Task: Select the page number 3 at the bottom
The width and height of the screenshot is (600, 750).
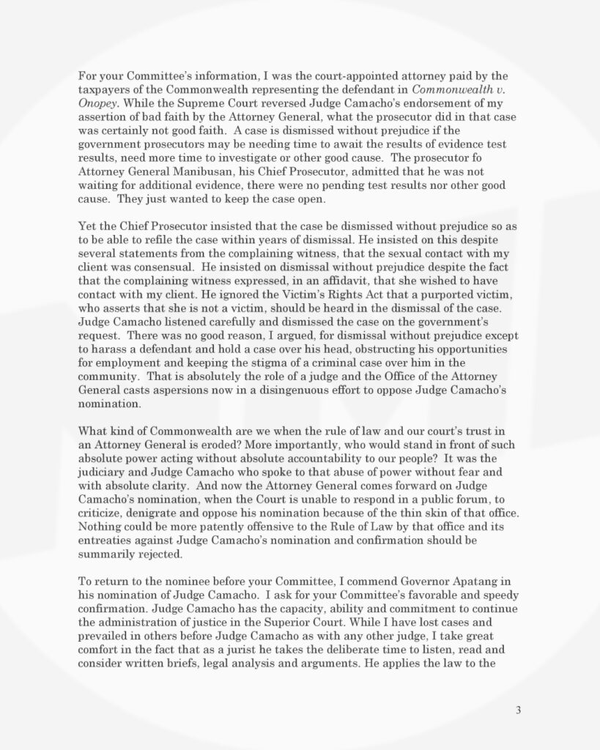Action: [518, 709]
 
